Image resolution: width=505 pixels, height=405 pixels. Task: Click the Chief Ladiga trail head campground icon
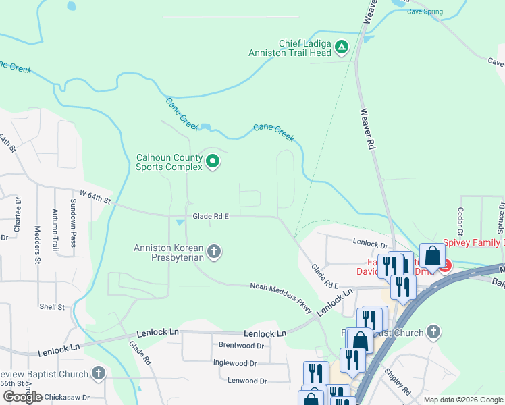pos(342,47)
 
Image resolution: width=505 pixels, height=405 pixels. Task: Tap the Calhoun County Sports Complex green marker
pos(213,161)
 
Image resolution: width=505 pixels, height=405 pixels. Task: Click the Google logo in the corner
pos(22,397)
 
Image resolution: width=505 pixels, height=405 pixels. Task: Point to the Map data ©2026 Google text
pos(463,400)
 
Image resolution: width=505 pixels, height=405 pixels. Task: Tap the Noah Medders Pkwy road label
pos(281,298)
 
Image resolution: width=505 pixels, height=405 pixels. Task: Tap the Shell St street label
pos(51,306)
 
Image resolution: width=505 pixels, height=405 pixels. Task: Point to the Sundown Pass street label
pos(74,219)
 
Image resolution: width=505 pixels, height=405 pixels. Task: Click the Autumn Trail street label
pos(55,227)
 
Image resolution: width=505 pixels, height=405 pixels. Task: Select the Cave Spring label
pos(425,12)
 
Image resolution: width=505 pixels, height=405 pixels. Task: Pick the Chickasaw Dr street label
pos(67,398)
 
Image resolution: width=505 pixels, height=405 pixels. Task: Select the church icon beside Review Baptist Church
pos(99,373)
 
